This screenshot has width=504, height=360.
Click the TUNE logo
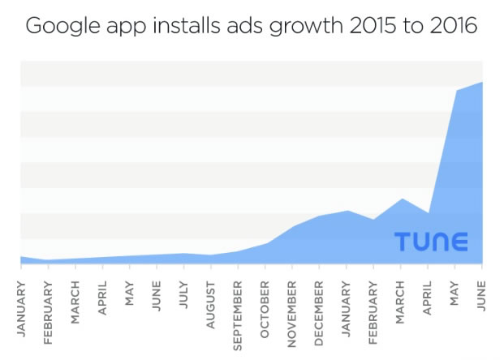[431, 242]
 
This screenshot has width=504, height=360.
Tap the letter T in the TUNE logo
[403, 242]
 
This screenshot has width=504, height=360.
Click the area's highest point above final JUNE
[482, 82]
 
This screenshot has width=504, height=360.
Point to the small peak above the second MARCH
[401, 199]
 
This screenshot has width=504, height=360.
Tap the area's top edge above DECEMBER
[320, 216]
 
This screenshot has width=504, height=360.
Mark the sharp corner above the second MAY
[455, 91]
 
